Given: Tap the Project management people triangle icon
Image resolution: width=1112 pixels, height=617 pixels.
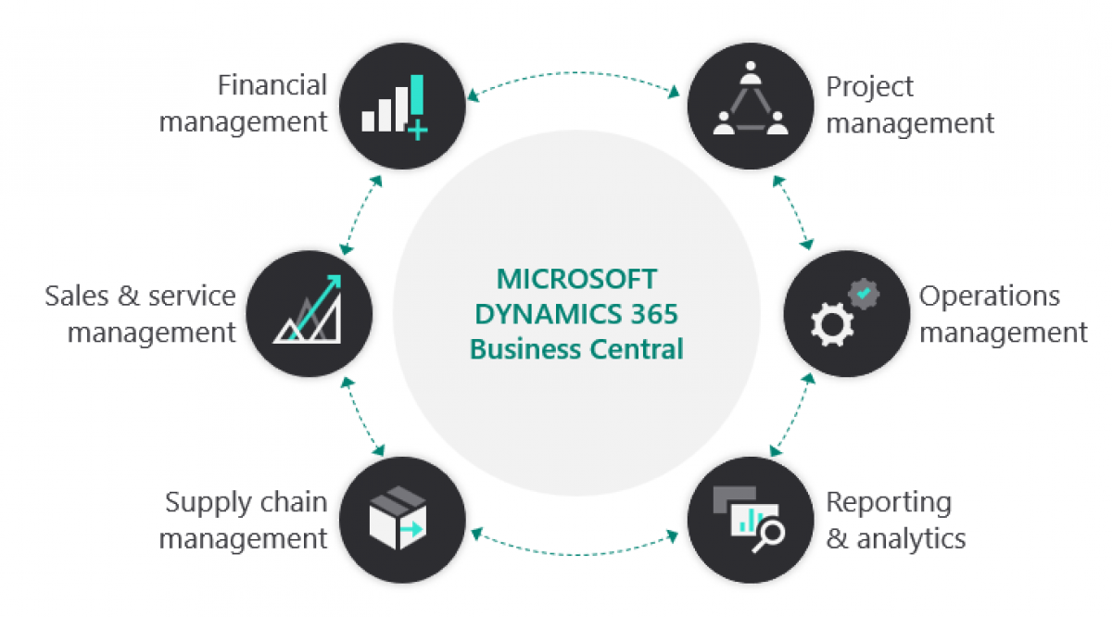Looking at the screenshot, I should (x=750, y=106).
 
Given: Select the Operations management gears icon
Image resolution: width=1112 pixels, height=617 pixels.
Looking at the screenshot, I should (x=844, y=314).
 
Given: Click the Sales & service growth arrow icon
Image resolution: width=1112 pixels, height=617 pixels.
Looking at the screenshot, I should (x=311, y=312).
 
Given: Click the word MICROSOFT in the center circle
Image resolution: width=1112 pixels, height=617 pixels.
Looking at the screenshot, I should (x=576, y=279).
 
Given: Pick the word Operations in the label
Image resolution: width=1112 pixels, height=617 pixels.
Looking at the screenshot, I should (x=989, y=296).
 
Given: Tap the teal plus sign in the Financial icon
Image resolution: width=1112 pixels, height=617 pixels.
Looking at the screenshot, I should (x=417, y=131).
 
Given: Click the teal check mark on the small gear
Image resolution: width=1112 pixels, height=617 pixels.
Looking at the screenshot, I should (x=864, y=293).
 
